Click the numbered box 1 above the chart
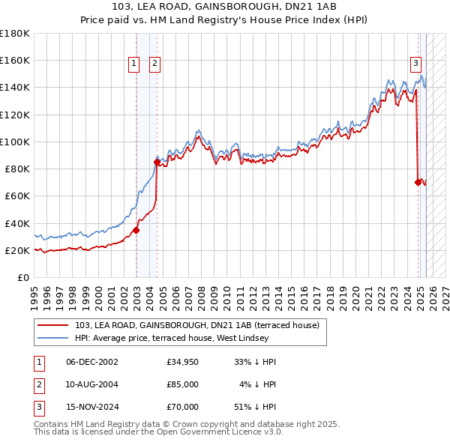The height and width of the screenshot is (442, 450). click(x=133, y=64)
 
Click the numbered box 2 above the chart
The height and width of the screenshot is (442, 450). click(x=154, y=64)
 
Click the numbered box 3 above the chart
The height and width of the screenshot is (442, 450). click(x=415, y=64)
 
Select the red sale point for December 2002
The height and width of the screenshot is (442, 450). click(x=136, y=230)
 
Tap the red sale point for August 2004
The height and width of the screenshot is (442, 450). click(x=157, y=162)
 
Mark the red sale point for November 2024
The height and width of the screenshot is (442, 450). click(x=418, y=182)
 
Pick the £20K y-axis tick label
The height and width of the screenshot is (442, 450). click(x=18, y=250)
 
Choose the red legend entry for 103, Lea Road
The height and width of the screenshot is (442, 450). click(x=197, y=325)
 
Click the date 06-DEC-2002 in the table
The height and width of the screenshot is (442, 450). click(x=92, y=362)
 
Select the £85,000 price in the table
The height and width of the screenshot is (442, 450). click(x=183, y=384)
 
